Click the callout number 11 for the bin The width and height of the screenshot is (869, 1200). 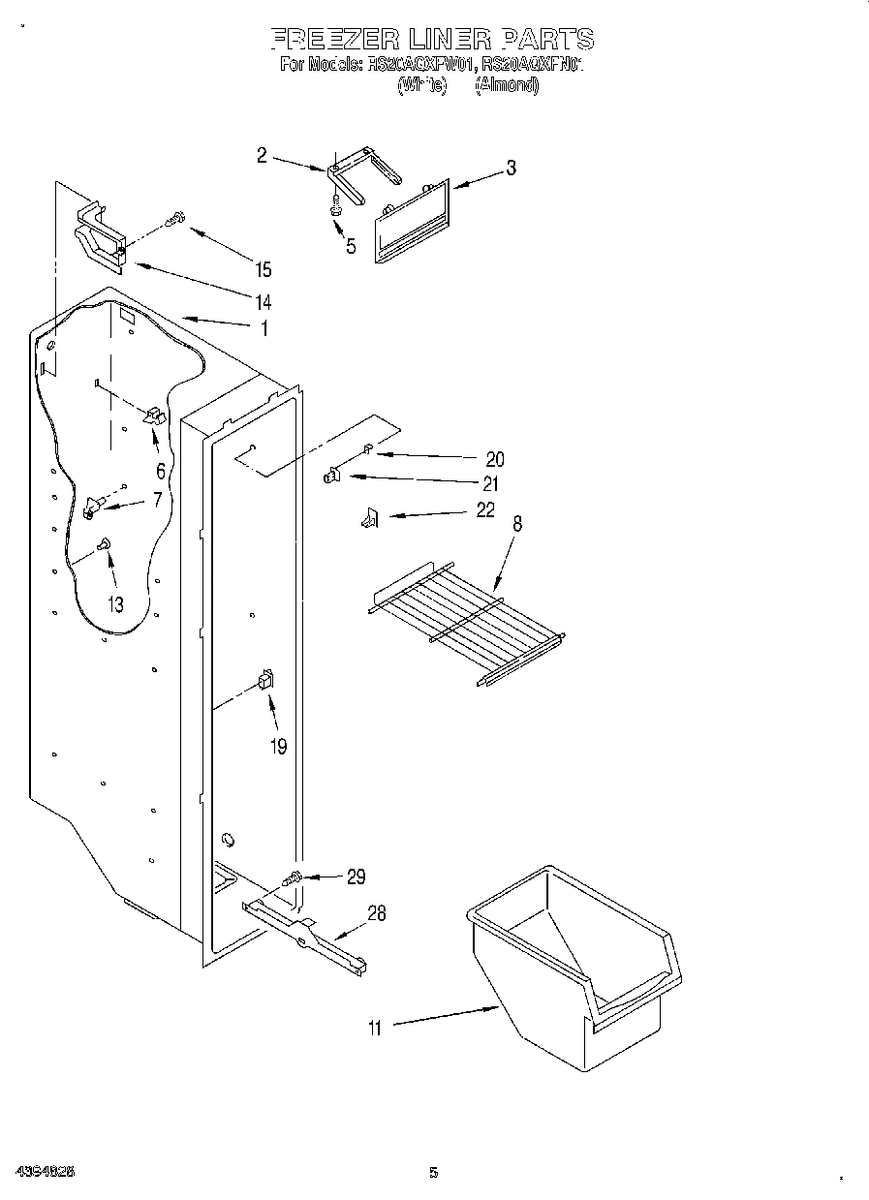point(374,1029)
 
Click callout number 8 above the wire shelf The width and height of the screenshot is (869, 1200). point(517,524)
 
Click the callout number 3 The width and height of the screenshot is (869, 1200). point(511,169)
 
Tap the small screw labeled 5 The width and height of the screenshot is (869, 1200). point(335,207)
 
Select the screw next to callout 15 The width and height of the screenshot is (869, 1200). point(174,221)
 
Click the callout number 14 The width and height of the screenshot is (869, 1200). point(264,300)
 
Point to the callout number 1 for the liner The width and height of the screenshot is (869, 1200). point(263,328)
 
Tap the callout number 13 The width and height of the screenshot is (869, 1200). point(115,604)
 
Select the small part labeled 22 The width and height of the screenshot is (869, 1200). point(368,520)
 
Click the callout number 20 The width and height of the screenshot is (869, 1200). point(494,459)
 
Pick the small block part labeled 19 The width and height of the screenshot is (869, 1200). point(265,681)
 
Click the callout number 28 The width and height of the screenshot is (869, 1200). point(376,912)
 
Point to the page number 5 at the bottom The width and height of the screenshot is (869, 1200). point(433,1173)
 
